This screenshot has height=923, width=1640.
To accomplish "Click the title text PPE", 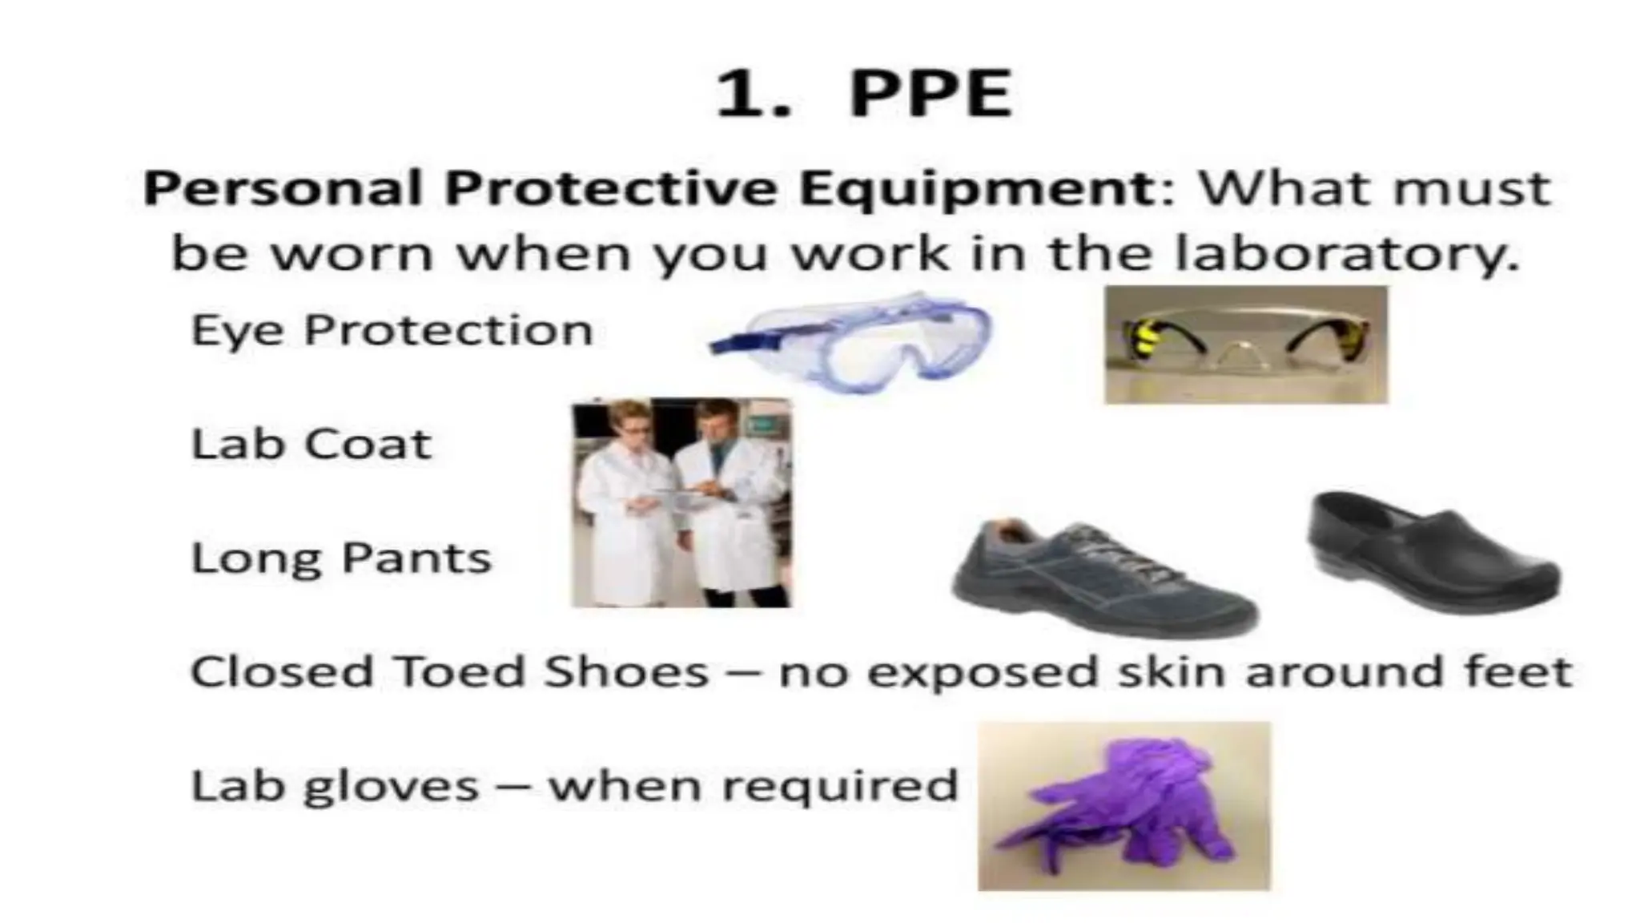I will pos(931,95).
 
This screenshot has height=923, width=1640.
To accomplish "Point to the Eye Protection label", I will pos(392,330).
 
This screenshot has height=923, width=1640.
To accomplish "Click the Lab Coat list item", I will pos(312,444).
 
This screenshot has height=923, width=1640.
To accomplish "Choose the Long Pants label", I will pos(341,558).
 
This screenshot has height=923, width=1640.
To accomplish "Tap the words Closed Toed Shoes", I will pos(449,671).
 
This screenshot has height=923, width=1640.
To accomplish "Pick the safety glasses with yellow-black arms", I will pos(1246,345).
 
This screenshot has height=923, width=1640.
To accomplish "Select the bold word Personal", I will pos(282,190).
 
